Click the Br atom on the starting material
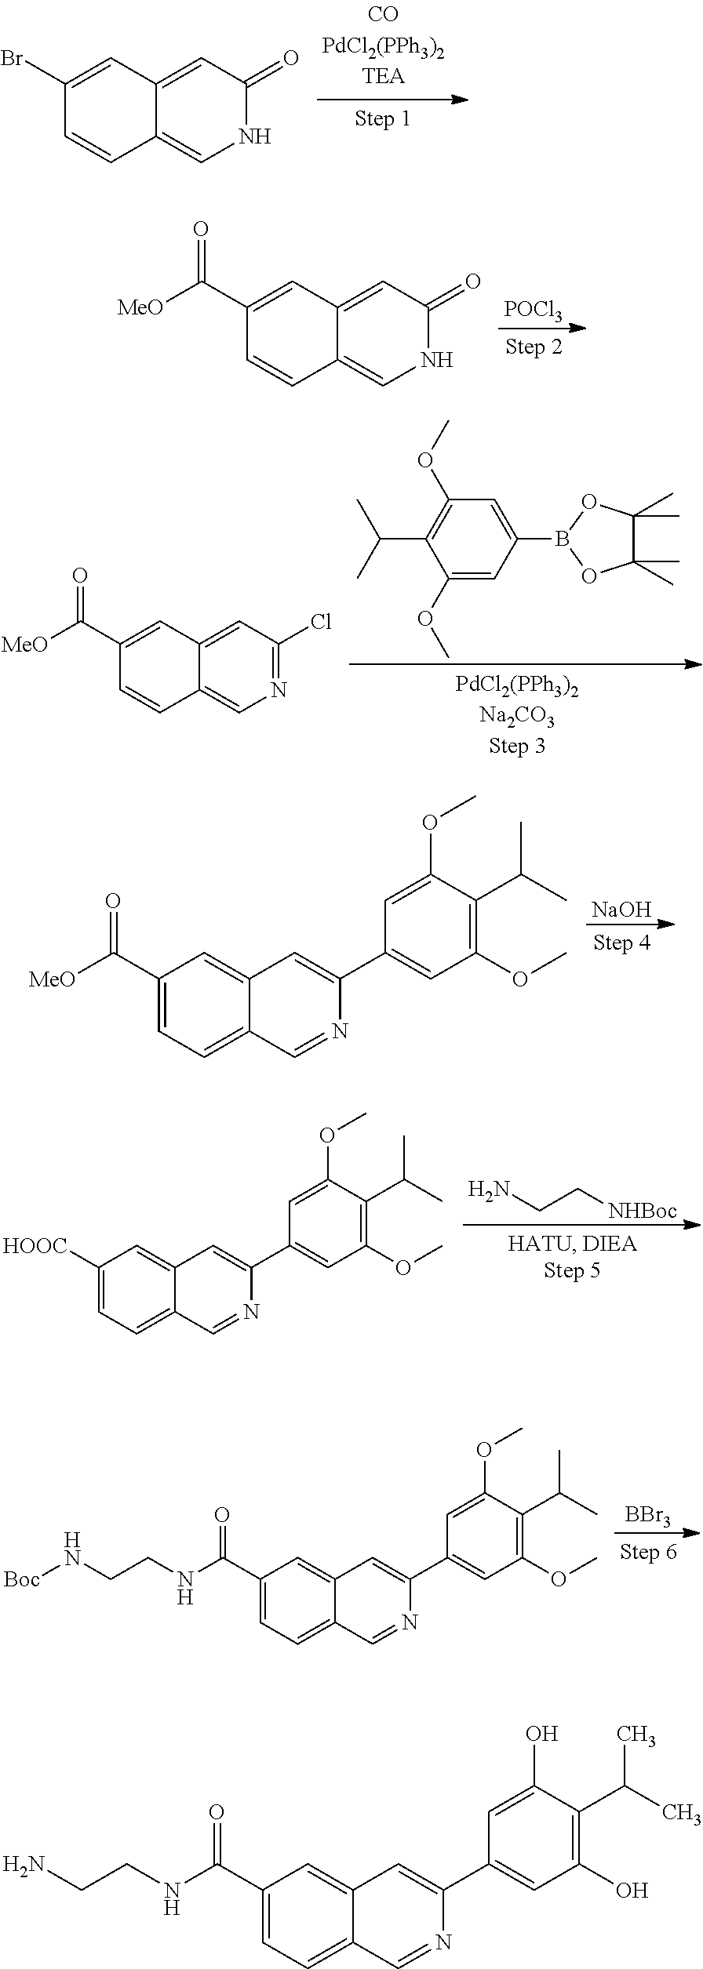pos(12,60)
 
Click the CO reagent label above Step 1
pos(383,15)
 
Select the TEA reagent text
pos(384,77)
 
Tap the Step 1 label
pos(382,118)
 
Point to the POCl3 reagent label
pos(533,310)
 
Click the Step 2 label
pos(534,346)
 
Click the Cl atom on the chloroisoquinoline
pos(320,623)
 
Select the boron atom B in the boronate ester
pos(560,539)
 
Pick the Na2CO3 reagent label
pos(517,716)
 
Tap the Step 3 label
pos(517,745)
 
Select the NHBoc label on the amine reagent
pos(642,1212)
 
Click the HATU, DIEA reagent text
pos(572,1244)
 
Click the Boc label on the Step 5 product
pos(22,1557)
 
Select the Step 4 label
pos(621,943)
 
